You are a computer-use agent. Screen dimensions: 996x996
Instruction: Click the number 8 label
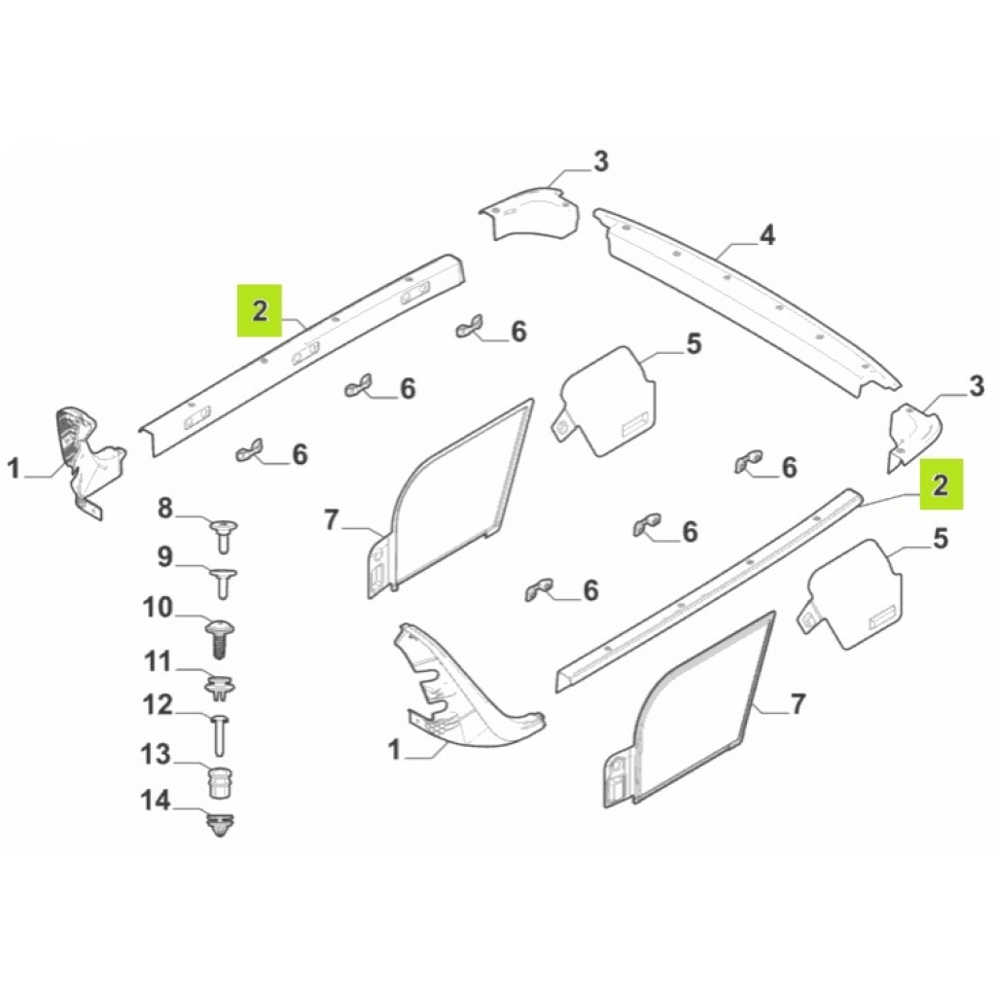click(x=164, y=507)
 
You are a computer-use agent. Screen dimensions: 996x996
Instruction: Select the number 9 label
click(x=164, y=557)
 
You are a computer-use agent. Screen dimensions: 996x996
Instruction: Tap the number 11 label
click(x=158, y=662)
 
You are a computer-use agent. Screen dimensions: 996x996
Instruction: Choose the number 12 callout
click(x=158, y=705)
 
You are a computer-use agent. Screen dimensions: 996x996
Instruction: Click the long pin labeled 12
click(x=219, y=732)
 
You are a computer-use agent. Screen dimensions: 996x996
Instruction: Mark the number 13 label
click(x=157, y=755)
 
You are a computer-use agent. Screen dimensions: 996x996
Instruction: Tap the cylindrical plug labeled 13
click(x=221, y=781)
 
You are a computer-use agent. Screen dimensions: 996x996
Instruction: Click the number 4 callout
click(x=766, y=235)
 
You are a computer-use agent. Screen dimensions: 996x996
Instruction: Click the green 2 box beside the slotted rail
click(x=260, y=310)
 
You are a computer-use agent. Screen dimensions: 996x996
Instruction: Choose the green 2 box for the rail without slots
click(x=941, y=484)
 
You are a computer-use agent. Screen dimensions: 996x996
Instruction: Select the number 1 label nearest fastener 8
click(x=14, y=471)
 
